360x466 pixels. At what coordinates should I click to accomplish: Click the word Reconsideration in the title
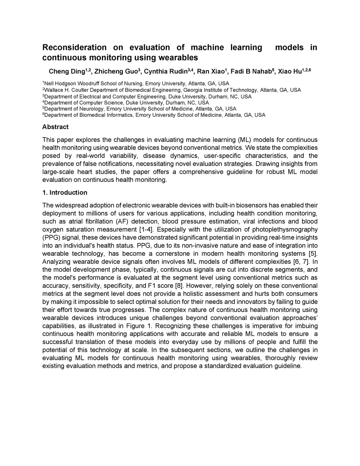(74, 47)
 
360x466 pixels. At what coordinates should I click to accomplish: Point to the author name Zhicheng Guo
(117, 72)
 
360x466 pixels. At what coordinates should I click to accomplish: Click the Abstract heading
(55, 127)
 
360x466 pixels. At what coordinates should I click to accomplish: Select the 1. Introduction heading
(65, 193)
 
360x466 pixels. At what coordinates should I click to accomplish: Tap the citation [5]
(313, 254)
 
